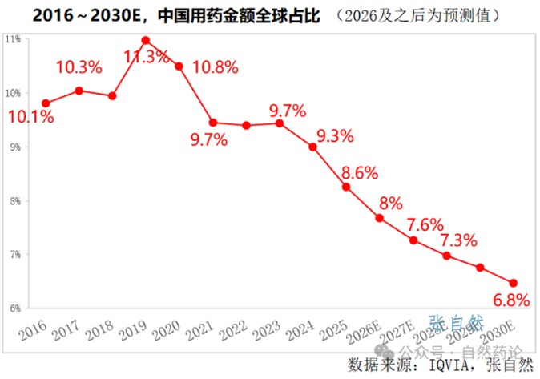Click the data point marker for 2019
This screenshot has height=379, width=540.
146,40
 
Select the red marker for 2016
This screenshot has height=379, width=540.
46,103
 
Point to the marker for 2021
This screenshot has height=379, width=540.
212,123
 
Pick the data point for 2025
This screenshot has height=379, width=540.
346,187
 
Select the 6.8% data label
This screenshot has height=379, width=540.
510,300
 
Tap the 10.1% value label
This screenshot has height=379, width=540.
31,118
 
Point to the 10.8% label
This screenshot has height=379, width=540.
216,68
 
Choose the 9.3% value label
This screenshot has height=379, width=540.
335,136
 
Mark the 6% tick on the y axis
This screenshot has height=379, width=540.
14,308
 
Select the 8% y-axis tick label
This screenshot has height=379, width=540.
14,200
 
